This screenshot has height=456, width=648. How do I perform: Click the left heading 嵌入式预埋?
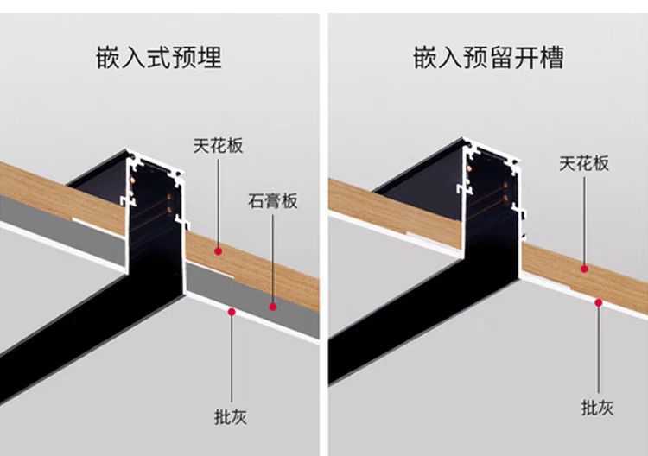coord(159,58)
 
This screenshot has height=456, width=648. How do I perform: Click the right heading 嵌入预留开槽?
coord(489,58)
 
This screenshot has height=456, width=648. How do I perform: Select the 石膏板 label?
coord(273,202)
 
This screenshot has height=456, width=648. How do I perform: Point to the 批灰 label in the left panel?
coord(231,416)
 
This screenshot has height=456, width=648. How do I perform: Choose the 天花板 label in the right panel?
coord(584,163)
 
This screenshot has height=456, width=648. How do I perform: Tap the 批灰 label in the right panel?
coord(598,408)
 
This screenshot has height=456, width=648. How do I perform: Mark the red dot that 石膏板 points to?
coord(273,306)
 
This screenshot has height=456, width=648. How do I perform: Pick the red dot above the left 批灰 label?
coord(231,312)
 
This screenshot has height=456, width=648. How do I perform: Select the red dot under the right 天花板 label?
coord(584,269)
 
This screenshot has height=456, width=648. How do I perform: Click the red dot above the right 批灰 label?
coord(598,301)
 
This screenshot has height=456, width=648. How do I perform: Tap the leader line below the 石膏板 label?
coord(273,259)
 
